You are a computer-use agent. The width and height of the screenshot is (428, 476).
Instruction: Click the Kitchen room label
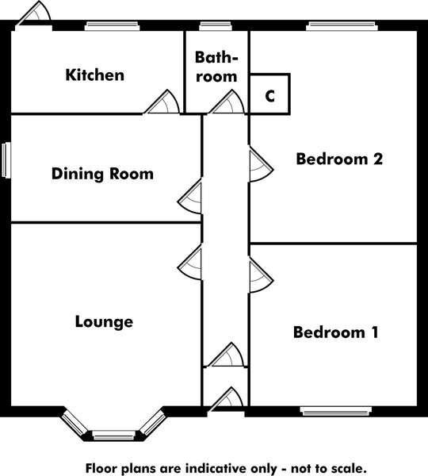[95, 75]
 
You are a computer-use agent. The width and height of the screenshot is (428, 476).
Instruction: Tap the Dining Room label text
[102, 174]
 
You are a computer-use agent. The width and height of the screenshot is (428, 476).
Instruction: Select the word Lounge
[104, 322]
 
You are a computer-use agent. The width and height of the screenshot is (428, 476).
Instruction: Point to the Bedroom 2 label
[339, 159]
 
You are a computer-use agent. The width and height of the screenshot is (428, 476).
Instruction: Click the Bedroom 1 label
[336, 332]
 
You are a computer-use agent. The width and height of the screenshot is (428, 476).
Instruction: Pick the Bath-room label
[216, 67]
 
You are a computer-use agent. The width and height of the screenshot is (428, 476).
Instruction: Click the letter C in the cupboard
[269, 96]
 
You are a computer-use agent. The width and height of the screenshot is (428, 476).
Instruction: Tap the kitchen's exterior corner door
[34, 14]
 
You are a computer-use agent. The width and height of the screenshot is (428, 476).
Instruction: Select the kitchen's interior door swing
[162, 102]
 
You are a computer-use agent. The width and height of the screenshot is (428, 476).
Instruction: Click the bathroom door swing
[227, 102]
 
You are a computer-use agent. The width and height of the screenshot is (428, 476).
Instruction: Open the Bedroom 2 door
[261, 164]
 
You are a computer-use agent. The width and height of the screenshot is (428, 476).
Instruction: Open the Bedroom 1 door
[261, 275]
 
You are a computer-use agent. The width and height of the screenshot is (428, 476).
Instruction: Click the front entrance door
[227, 399]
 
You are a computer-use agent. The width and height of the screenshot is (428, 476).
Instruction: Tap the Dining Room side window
[6, 160]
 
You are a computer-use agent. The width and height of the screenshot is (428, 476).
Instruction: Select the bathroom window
[216, 26]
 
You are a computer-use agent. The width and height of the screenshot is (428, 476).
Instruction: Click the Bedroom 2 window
[342, 26]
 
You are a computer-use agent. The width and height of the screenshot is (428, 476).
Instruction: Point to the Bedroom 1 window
[336, 412]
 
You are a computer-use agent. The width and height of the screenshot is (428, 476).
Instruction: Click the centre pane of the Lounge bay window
[113, 436]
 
